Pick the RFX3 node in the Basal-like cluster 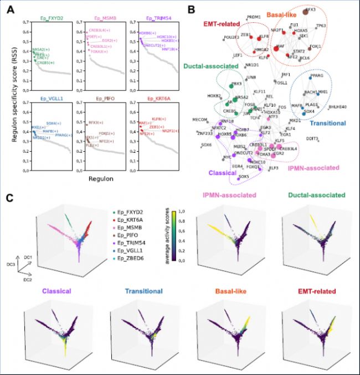[x=310, y=10]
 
